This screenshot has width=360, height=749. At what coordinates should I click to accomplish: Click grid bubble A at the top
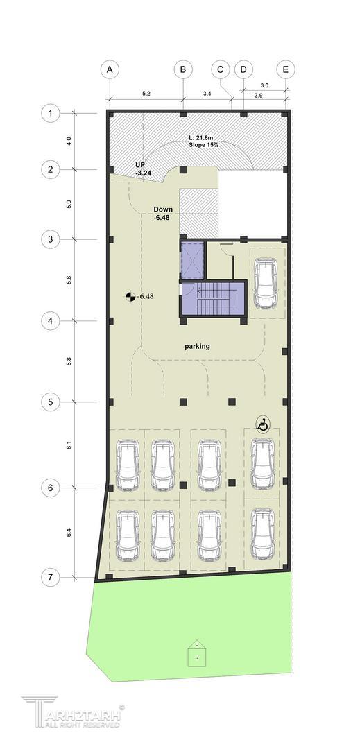point(110,69)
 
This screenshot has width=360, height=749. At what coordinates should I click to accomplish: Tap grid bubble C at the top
point(221,69)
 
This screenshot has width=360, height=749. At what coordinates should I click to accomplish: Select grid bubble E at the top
point(286,69)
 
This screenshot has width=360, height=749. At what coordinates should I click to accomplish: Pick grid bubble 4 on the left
point(50,321)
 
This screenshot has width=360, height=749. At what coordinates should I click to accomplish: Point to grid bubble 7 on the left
point(50,578)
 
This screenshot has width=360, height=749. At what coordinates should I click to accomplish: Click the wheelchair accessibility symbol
point(262,424)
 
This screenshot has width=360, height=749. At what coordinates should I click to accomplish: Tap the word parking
point(197,346)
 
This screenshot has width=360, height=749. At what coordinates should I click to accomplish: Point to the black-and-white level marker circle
point(130,297)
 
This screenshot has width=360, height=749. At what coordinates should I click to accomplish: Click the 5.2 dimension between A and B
point(146,94)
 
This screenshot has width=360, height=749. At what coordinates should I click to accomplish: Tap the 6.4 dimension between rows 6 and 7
point(69,533)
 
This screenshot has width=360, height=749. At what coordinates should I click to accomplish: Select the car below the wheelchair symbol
point(262,464)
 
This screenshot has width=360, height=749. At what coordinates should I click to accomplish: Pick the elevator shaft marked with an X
point(192,260)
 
